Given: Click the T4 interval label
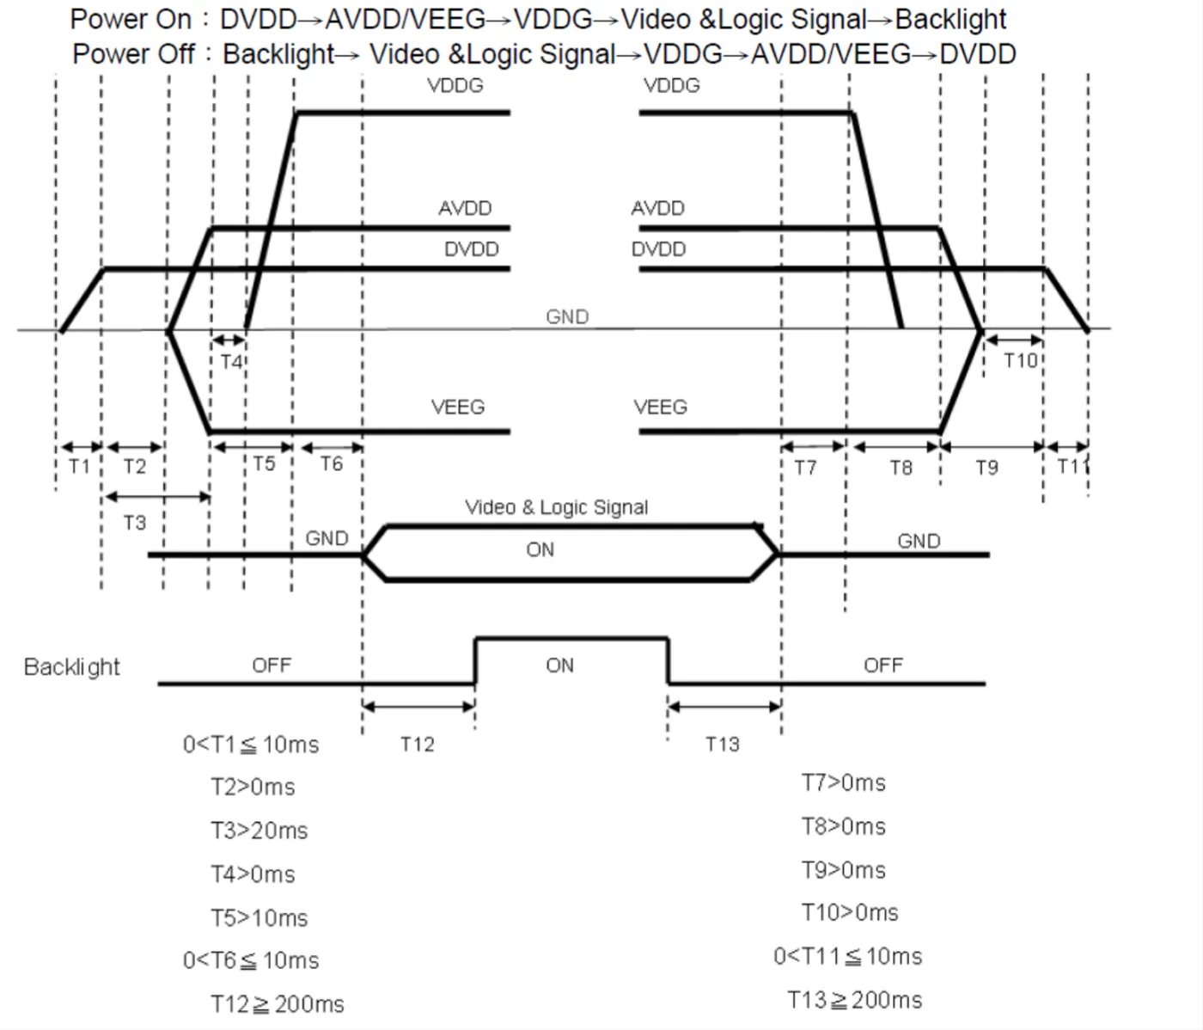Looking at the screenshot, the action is (x=231, y=362).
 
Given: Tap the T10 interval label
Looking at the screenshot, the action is (x=1020, y=361).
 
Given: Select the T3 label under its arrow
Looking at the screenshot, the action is (x=134, y=523).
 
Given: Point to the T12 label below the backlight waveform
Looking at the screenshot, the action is (x=418, y=744).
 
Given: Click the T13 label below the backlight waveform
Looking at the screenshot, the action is (x=723, y=744).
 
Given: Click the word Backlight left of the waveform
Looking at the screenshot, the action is (x=71, y=667).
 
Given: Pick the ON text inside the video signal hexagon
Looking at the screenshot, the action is (x=540, y=549).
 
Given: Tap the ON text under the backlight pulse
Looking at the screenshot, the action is (x=559, y=665).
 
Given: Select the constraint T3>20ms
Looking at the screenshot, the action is (x=259, y=831).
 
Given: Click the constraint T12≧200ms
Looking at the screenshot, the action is (x=277, y=1004).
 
